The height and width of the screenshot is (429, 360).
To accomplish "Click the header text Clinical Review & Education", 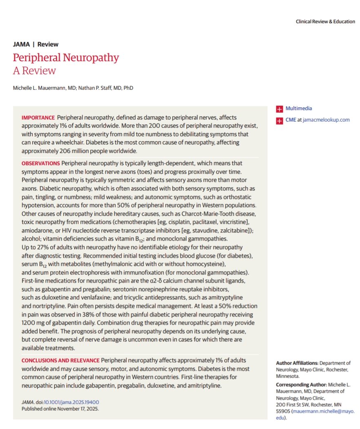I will point(325,22).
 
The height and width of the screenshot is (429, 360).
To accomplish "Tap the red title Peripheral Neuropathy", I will point(66,57).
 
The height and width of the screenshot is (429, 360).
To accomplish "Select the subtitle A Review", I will point(34,71).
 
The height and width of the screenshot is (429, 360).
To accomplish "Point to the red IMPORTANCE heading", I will point(38,117).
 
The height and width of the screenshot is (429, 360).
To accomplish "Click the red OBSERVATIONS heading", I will point(40,163).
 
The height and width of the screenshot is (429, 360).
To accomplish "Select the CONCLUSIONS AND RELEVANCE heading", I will point(60,360).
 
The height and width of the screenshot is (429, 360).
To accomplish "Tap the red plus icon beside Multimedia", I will point(279,109).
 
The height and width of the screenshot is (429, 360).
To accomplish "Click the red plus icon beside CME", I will point(279,120).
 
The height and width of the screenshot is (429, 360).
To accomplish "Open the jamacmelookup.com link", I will point(326,120).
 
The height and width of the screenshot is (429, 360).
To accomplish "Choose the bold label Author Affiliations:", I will point(297,363).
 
